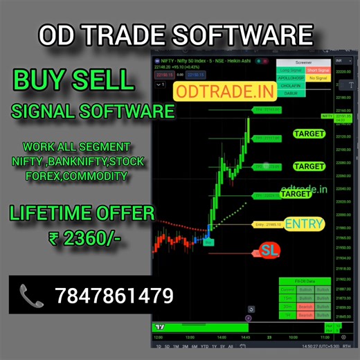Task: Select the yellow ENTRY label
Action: tap(304, 224)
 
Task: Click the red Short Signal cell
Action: tap(318, 70)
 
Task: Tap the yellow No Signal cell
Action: tap(318, 78)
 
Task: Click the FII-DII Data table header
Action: tap(305, 280)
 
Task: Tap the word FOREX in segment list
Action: tap(45, 176)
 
